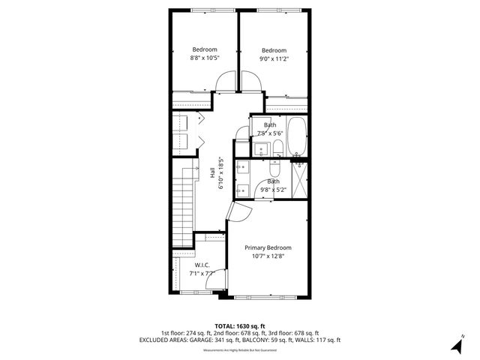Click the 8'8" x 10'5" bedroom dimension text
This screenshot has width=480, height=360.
click(204, 58)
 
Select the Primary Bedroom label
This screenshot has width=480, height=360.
click(268, 247)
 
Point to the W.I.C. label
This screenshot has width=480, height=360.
click(202, 265)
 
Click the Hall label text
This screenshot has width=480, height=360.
click(212, 172)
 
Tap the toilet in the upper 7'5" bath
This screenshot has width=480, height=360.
click(277, 147)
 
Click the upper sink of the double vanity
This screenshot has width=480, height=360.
click(243, 169)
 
